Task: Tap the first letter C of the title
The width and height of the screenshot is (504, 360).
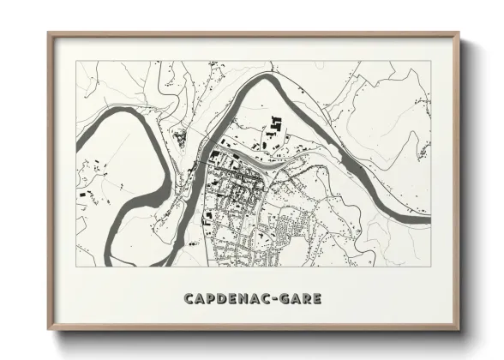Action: pyautogui.click(x=187, y=298)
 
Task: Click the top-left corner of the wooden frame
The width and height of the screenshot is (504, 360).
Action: pyautogui.click(x=48, y=33)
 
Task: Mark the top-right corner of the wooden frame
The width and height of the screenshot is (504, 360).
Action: pyautogui.click(x=460, y=33)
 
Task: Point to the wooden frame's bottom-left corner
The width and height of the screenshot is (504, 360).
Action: pyautogui.click(x=48, y=330)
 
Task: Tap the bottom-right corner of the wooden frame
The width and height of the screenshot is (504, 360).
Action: pyautogui.click(x=460, y=330)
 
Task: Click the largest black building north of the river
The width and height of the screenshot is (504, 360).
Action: pyautogui.click(x=276, y=124)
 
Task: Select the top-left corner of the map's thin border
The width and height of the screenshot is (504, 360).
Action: pyautogui.click(x=76, y=62)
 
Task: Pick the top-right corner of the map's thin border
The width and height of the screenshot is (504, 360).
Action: pyautogui.click(x=431, y=62)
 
